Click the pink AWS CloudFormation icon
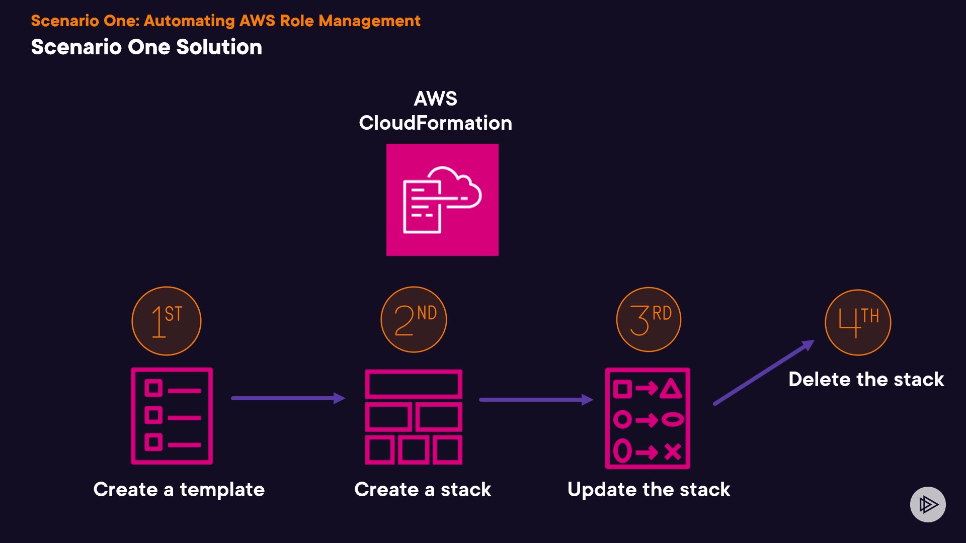tap(442, 200)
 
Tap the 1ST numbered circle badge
tap(167, 321)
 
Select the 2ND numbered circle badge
tap(414, 320)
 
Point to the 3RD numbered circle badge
tap(649, 320)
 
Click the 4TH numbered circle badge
tap(858, 323)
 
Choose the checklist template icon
tap(172, 416)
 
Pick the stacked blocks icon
tap(414, 417)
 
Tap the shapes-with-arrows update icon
tap(648, 418)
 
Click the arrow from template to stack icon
tap(288, 398)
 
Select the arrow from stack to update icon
tap(536, 400)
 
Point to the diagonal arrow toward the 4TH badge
tap(764, 373)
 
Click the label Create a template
tap(179, 489)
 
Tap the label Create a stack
tap(423, 489)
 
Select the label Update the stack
tap(649, 489)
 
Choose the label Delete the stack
tap(866, 379)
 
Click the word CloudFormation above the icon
tap(435, 123)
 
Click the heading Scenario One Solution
tap(146, 47)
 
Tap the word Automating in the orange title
tap(189, 21)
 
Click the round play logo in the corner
tap(928, 504)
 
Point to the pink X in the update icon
tap(673, 451)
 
